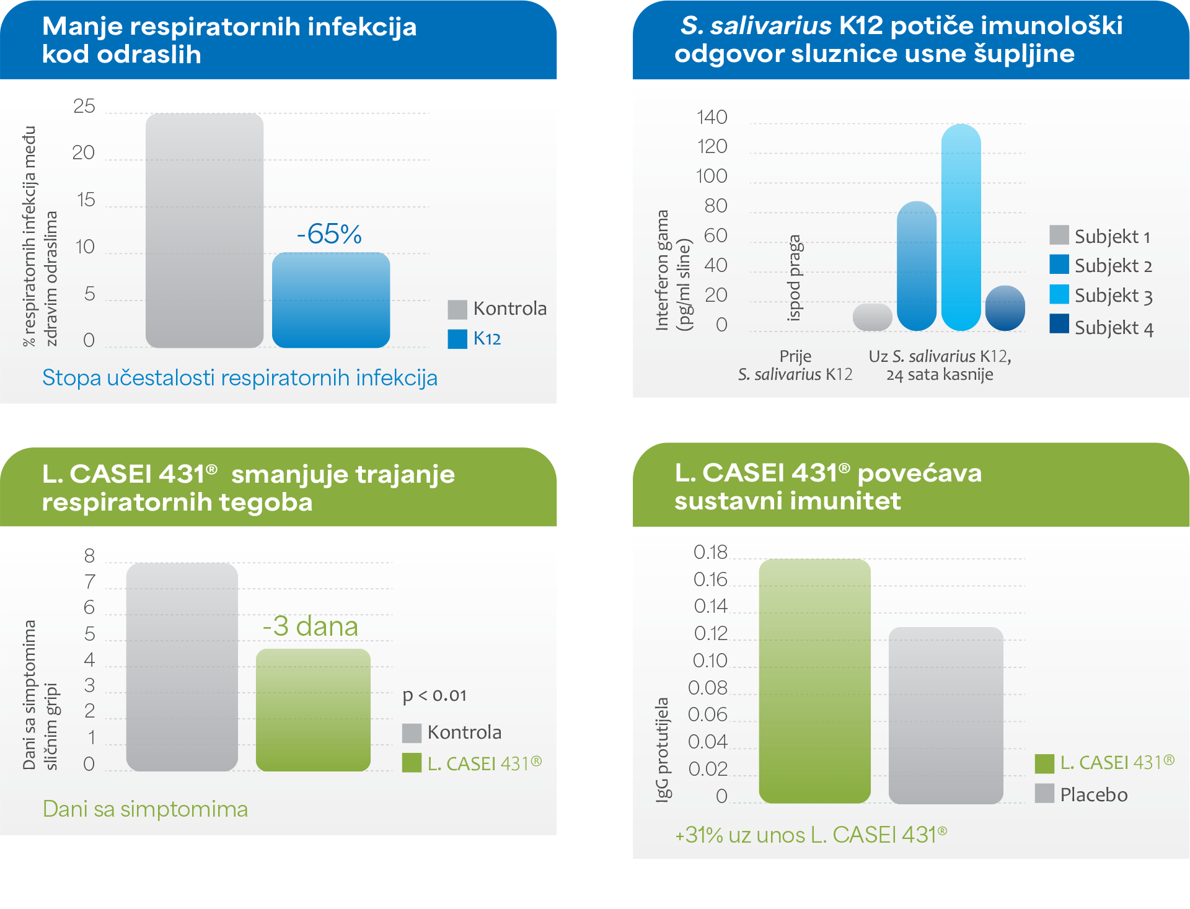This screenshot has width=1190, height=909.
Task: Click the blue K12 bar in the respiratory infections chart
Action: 331,301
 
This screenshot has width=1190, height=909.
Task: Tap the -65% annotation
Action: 329,234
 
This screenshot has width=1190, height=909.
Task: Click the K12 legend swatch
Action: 457,339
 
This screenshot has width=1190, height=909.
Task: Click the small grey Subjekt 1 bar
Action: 872,317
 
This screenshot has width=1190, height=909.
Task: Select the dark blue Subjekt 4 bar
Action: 1005,308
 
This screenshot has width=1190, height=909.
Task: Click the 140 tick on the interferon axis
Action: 712,117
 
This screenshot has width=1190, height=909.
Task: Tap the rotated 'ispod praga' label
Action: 795,278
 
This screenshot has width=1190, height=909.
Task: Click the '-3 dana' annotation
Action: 311,626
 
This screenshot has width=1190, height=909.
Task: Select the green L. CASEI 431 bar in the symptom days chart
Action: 313,709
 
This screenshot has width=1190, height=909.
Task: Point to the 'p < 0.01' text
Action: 434,696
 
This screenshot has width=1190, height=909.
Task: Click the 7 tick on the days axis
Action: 90,582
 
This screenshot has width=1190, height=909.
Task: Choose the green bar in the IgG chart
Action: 814,681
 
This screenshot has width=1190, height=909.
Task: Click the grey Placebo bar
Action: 946,715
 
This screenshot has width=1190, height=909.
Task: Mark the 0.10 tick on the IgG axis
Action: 710,661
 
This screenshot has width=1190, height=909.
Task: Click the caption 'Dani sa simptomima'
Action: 145,809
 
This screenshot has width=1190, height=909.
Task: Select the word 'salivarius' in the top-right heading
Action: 770,26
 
